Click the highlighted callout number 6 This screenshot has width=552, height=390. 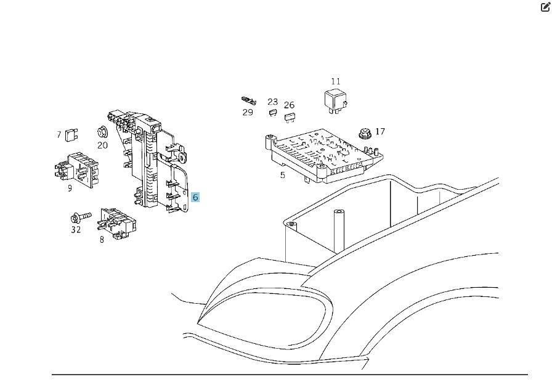pos(195,197)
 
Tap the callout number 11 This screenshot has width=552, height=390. pos(335,81)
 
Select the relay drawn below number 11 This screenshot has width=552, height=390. pos(336,101)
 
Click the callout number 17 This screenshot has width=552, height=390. pos(380,131)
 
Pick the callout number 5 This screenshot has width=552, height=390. pos(282,175)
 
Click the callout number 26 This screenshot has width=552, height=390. pos(289,105)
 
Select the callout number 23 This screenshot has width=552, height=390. pos(272,102)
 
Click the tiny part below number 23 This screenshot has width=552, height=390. pos(272,112)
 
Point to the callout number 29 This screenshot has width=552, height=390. pos(248,112)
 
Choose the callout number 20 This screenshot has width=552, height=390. pos(102,145)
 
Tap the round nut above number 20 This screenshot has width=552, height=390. pos(102,131)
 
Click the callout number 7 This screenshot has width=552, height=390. pos(59,134)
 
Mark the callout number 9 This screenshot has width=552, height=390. pos(70,188)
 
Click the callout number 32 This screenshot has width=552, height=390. pos(76,230)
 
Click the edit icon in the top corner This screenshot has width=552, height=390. pos(545,7)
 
